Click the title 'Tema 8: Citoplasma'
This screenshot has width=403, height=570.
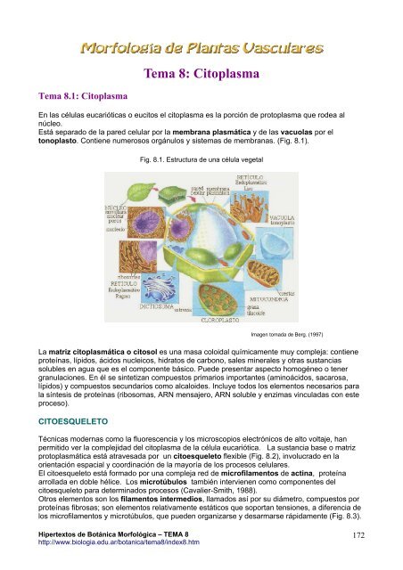coord(201,77)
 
